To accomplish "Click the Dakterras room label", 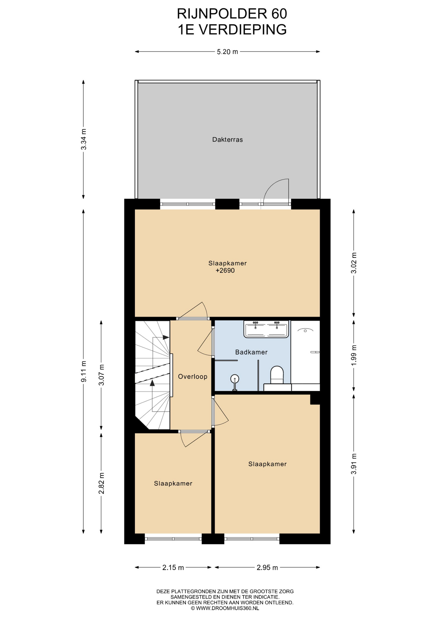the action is click(x=227, y=140).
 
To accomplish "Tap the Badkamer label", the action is click(x=251, y=352).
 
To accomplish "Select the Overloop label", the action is click(x=193, y=377).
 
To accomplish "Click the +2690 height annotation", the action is click(x=225, y=271).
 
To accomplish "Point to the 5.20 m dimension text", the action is click(x=228, y=52).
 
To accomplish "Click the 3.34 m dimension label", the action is click(x=84, y=139).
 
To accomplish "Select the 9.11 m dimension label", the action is click(x=84, y=371).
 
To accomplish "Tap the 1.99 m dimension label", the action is click(x=354, y=355).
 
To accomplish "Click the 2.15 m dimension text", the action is click(x=173, y=567).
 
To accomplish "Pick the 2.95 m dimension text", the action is click(x=267, y=567).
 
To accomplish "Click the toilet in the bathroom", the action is click(x=277, y=375).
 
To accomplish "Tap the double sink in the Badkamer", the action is click(x=266, y=329).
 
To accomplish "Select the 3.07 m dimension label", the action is click(x=102, y=375).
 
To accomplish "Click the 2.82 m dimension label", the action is click(x=102, y=483).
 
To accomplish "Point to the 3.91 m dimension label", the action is click(x=354, y=464).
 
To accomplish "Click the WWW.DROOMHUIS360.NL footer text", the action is click(x=228, y=608).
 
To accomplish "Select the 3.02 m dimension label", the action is click(x=354, y=263).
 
